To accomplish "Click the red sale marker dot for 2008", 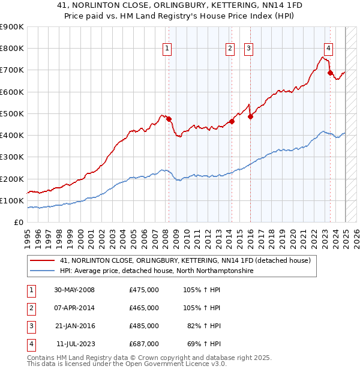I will point(169,119).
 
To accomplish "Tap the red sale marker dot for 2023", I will point(330,73).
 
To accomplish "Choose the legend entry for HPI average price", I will point(157,271).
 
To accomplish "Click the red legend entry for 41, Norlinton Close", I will point(185,260).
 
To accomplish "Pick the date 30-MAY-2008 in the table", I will point(74,290).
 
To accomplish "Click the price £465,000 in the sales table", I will point(144,308).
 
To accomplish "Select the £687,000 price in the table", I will point(144,344).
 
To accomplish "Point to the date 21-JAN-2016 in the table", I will point(74,326).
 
